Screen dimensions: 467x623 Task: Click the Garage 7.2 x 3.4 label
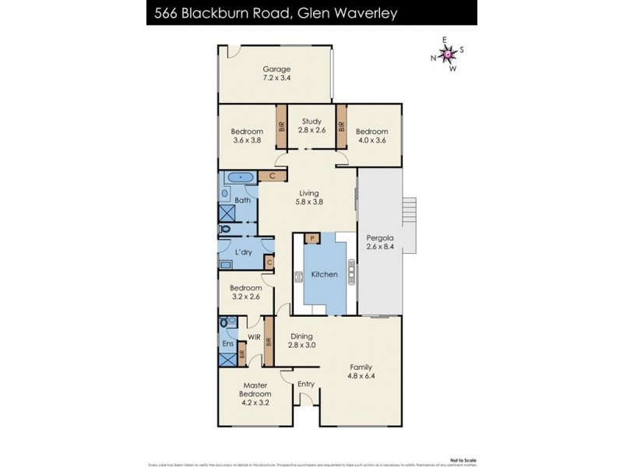(276, 73)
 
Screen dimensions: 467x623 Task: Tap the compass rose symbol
(449, 54)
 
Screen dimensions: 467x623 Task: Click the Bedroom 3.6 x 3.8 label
(247, 136)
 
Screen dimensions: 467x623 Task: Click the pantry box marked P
(311, 238)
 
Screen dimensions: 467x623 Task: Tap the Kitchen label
(324, 274)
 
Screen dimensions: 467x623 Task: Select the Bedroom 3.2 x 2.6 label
(246, 292)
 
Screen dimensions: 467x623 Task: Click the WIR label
(253, 337)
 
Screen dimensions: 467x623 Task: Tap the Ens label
(228, 343)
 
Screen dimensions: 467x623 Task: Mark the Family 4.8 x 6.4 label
(360, 371)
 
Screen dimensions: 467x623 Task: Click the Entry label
(306, 384)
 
